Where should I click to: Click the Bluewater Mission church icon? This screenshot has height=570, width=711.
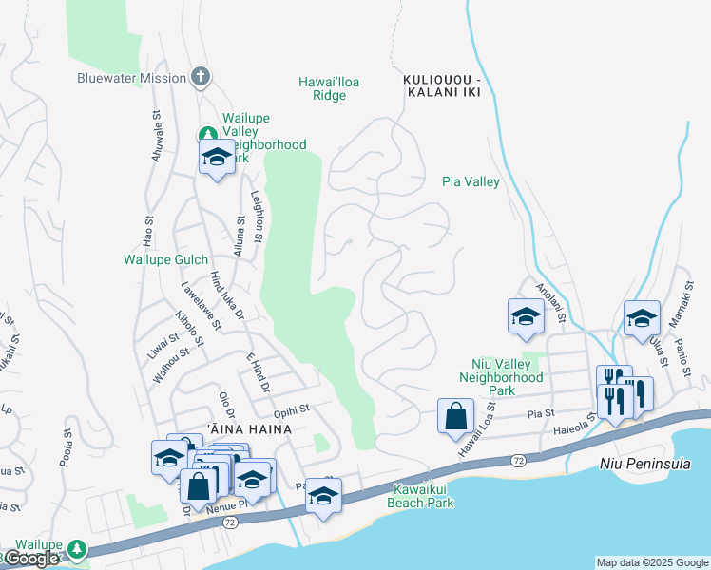(200, 77)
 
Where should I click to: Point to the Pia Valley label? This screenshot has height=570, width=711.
(471, 182)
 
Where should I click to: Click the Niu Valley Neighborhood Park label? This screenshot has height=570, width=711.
(500, 376)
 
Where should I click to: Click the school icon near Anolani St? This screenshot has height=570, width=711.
(526, 317)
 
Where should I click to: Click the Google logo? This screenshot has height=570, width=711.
(30, 559)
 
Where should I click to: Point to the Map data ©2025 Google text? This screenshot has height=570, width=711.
(651, 562)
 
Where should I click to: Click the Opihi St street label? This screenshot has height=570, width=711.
(293, 411)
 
